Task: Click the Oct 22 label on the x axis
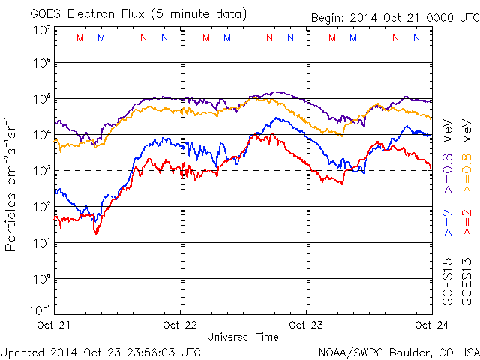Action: (x=180, y=325)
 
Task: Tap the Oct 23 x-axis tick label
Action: (x=306, y=325)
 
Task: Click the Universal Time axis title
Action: (x=243, y=337)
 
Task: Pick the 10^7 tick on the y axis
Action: (x=41, y=31)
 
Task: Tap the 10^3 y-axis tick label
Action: (x=41, y=172)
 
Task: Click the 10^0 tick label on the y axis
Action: (x=41, y=280)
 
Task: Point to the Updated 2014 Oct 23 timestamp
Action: (x=100, y=352)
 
